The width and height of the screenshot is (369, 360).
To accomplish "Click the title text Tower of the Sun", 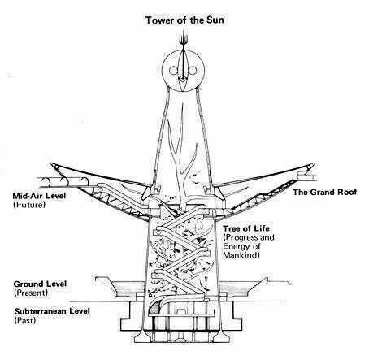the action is [x=184, y=20].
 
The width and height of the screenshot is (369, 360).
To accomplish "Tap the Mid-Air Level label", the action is [x=39, y=196].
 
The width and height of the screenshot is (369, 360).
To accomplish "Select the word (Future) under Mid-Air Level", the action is [x=29, y=205].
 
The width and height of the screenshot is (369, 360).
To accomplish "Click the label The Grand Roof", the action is [x=324, y=193].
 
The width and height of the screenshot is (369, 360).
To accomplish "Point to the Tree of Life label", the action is [x=246, y=228].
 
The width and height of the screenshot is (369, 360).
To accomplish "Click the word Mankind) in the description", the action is [x=241, y=255].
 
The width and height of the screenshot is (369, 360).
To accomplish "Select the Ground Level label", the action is [x=40, y=284].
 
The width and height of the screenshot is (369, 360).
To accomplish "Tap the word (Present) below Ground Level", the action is [x=31, y=293].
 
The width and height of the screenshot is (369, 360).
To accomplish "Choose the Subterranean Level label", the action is [x=52, y=311].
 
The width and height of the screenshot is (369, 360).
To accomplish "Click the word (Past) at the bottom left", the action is [x=25, y=320].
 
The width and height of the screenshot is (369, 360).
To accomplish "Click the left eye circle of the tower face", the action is [x=173, y=71].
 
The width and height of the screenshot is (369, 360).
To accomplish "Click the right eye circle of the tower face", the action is [x=193, y=71].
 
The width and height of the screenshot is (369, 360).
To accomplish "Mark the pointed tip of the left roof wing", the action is [x=51, y=163].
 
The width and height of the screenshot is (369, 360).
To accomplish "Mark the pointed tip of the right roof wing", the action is [x=314, y=163].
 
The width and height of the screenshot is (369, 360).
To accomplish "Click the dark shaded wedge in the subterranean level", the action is [x=154, y=310].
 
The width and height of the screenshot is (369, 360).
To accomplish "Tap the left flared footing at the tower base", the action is [x=142, y=336].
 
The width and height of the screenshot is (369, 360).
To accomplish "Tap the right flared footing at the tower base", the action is [x=223, y=336].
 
